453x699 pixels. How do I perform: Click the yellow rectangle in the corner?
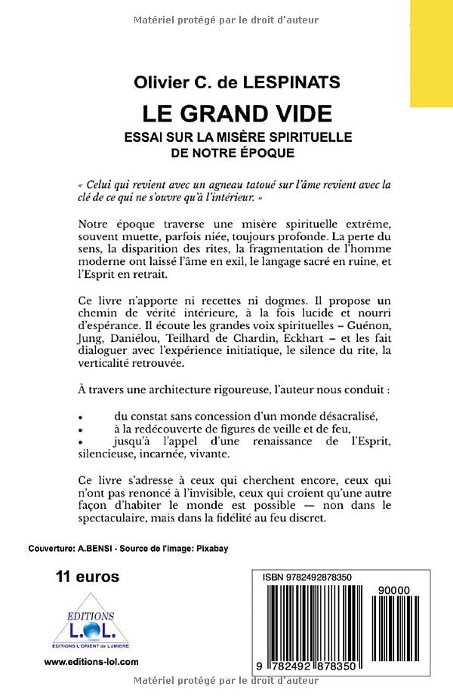(x=431, y=53)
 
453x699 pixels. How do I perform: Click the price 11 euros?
(x=88, y=577)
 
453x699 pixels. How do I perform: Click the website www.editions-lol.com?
(x=91, y=661)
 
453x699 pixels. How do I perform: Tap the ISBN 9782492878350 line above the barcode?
(x=309, y=577)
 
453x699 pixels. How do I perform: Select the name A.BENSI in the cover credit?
(x=96, y=550)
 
